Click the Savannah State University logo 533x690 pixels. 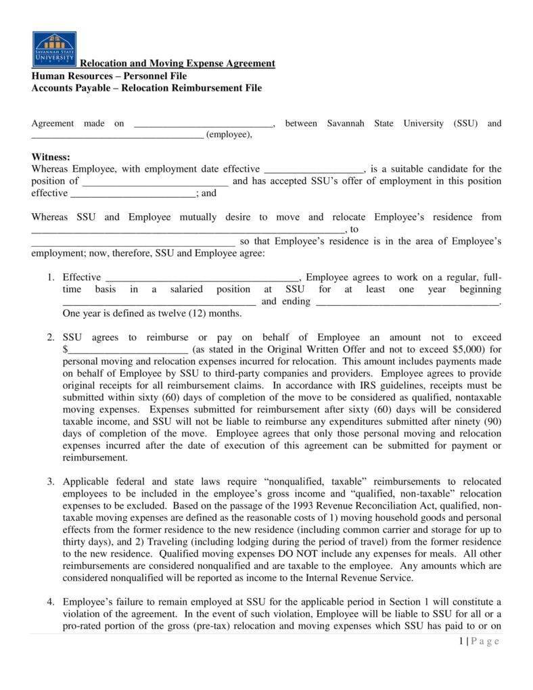pyautogui.click(x=54, y=49)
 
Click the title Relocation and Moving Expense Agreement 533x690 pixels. pyautogui.click(x=177, y=64)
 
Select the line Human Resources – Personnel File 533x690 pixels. pyautogui.click(x=109, y=76)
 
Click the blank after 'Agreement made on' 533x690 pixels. pyautogui.click(x=204, y=124)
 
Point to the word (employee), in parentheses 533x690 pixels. pyautogui.click(x=229, y=135)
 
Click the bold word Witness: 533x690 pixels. pyautogui.click(x=51, y=157)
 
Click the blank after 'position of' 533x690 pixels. pyautogui.click(x=156, y=182)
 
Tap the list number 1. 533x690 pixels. pyautogui.click(x=51, y=277)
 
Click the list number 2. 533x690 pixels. pyautogui.click(x=51, y=338)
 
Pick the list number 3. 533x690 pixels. pyautogui.click(x=51, y=482)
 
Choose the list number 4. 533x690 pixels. pyautogui.click(x=51, y=602)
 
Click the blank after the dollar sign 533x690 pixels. pyautogui.click(x=128, y=350)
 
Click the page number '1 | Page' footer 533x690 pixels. pyautogui.click(x=478, y=641)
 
